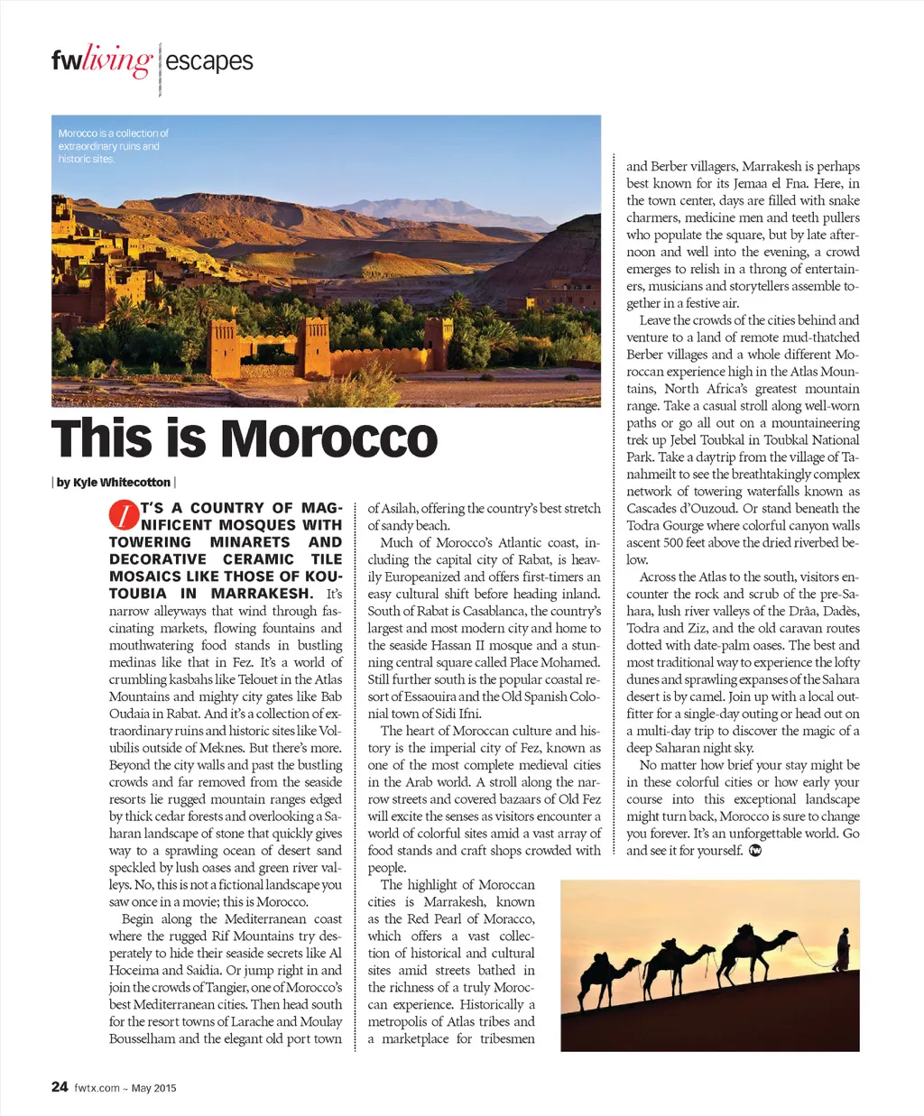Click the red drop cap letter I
[x=124, y=515]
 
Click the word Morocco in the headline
[x=329, y=439]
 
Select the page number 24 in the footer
[x=60, y=1086]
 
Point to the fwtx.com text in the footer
[x=97, y=1088]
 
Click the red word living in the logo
[x=116, y=61]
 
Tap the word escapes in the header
[x=209, y=61]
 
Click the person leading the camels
[x=844, y=948]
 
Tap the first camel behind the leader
[x=745, y=951]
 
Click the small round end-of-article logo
[x=755, y=851]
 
